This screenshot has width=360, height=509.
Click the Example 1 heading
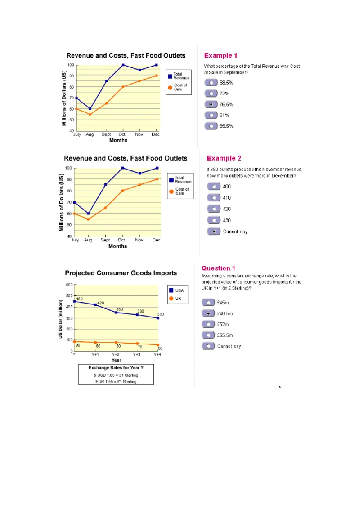(220, 56)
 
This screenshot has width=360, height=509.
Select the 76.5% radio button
(211, 104)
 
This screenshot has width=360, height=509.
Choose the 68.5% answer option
(211, 83)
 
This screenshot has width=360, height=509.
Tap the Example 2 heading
(224, 158)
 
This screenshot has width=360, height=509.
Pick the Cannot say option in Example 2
(214, 232)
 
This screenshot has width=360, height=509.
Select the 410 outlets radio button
(214, 198)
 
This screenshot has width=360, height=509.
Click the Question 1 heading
(218, 268)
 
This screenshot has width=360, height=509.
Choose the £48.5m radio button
(208, 313)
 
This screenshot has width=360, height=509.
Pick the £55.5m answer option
(208, 335)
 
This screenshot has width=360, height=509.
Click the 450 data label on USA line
(79, 299)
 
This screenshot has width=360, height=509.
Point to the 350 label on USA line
(120, 309)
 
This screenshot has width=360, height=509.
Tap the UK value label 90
(78, 345)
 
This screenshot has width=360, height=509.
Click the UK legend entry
(175, 299)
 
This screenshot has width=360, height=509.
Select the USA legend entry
(176, 290)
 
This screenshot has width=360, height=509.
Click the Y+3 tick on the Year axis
(137, 354)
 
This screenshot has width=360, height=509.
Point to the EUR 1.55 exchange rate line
(116, 382)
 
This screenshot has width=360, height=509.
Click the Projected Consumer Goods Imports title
(121, 273)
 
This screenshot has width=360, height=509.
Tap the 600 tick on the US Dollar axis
(69, 285)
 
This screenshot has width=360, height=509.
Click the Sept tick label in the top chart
(106, 134)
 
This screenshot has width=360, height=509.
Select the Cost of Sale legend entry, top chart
(178, 87)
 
